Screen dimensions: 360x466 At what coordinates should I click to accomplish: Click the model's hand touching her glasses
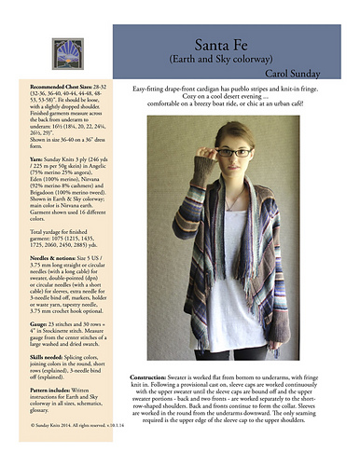click(213, 160)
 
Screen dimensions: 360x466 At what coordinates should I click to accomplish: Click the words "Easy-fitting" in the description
click(153, 87)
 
